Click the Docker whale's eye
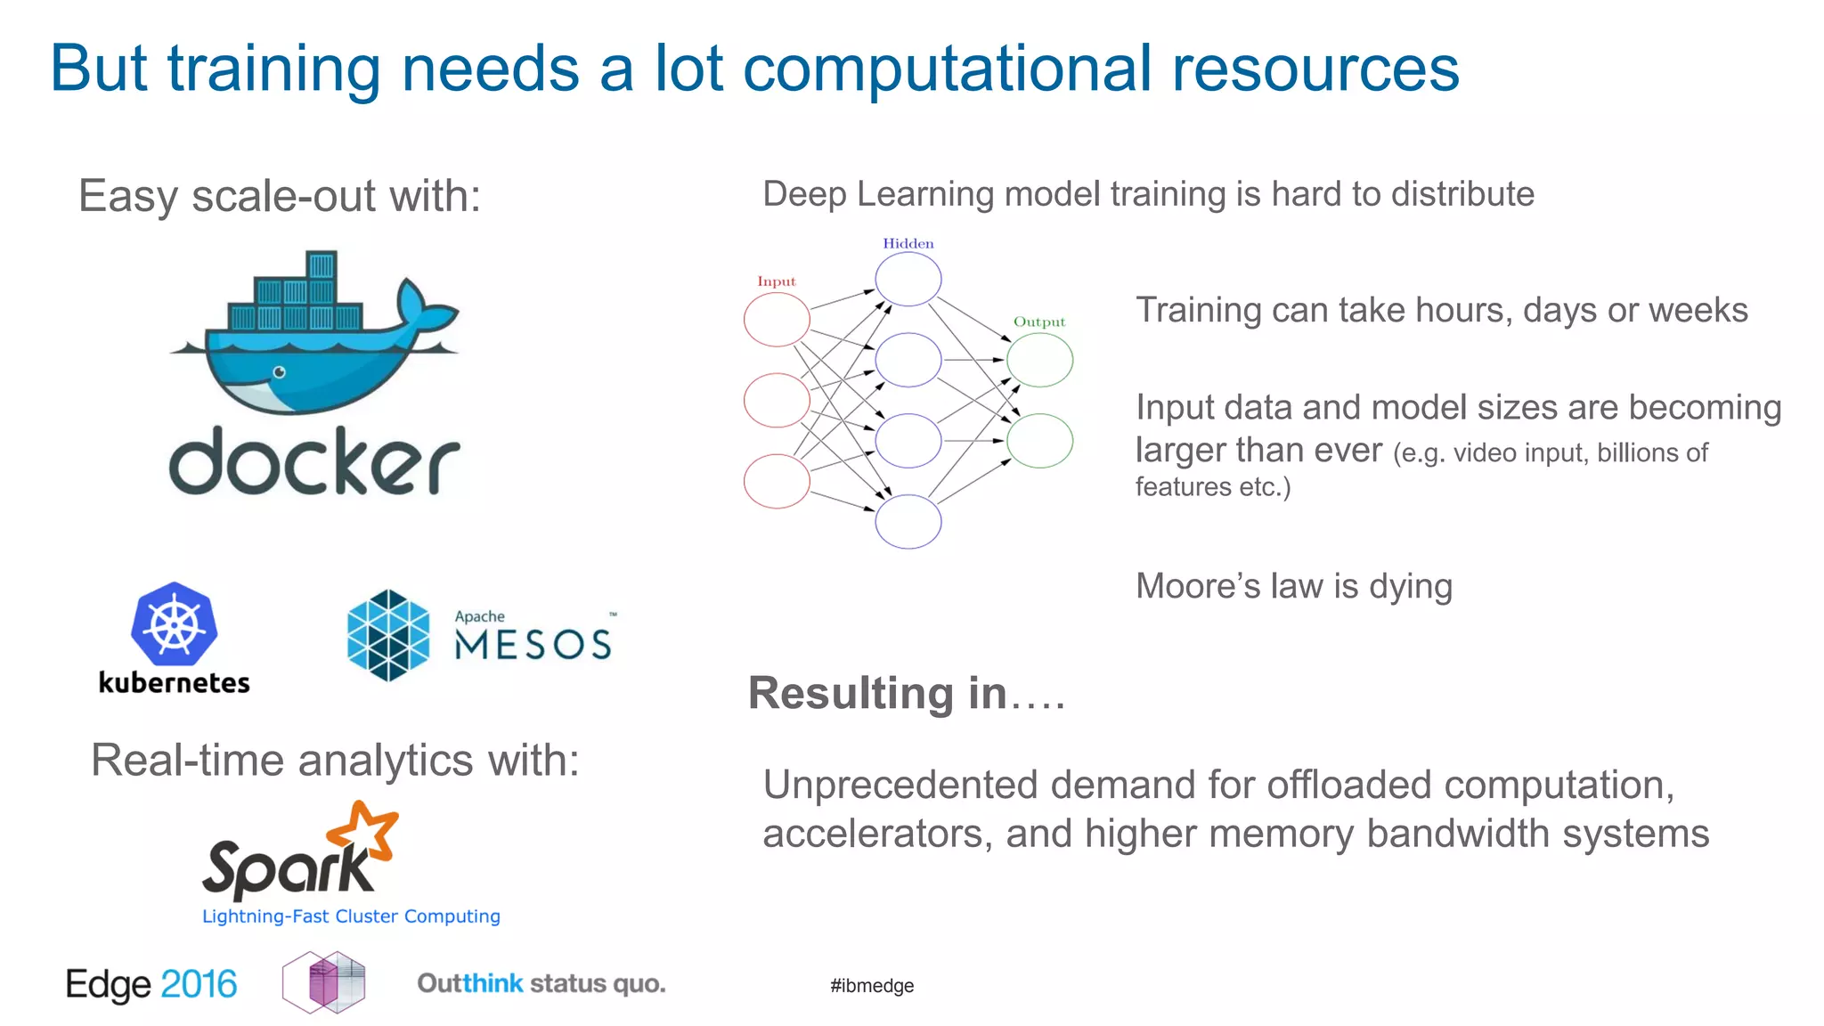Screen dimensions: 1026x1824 [280, 372]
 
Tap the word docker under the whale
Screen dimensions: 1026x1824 [314, 460]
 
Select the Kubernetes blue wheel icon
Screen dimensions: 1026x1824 [175, 624]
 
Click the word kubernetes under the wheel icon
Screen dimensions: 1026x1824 [175, 683]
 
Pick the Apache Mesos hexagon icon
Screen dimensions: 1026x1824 [388, 635]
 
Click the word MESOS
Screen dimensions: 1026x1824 [533, 645]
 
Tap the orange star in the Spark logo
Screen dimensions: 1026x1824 [364, 831]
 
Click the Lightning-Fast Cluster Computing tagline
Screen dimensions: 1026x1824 [351, 916]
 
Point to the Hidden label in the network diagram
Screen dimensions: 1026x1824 [908, 243]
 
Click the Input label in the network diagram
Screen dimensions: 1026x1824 [777, 281]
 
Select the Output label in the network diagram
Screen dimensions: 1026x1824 [1039, 322]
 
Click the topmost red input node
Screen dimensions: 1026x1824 [777, 320]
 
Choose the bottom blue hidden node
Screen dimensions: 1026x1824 [908, 521]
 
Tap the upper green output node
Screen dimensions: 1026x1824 [1039, 360]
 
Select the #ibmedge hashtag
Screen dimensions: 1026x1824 [872, 986]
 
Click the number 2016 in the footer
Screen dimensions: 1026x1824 [199, 984]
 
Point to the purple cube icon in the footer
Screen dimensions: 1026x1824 [324, 982]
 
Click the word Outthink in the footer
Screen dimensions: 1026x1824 [470, 984]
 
